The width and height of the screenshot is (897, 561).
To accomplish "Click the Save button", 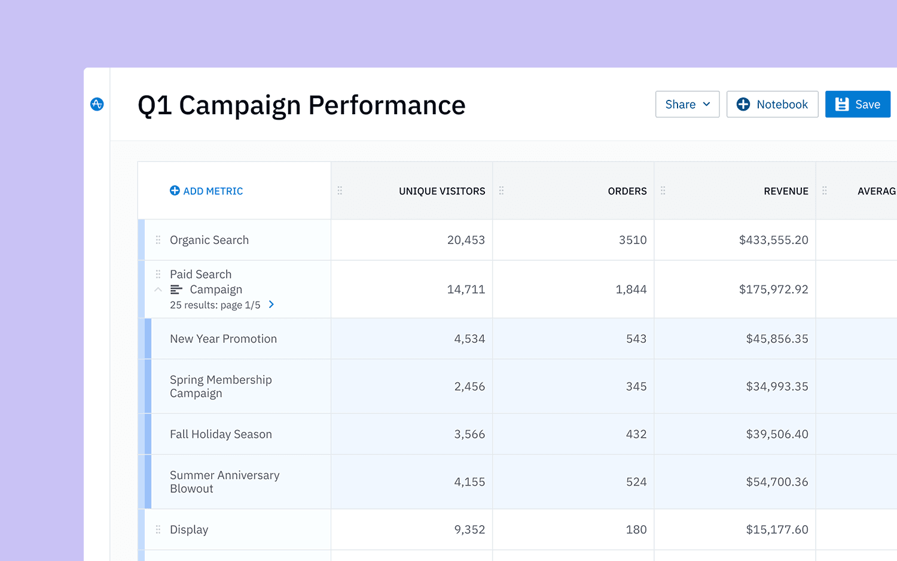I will (x=858, y=104).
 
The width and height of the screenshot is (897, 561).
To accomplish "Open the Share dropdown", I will (x=687, y=104).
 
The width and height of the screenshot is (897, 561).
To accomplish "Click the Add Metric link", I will (x=206, y=191).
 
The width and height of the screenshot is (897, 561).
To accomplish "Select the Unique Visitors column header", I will (x=442, y=191).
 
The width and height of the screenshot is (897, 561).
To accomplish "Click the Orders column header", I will (x=627, y=191).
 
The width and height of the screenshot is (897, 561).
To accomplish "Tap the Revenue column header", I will (x=786, y=191).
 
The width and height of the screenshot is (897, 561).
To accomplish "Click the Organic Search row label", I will (x=209, y=240).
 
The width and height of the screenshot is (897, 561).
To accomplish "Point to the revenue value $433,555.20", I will (x=773, y=240).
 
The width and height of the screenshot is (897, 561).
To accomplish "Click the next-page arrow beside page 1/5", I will (x=271, y=304).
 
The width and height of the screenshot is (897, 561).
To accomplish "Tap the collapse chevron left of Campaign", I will (x=158, y=289).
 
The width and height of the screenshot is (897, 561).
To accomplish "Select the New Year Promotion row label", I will (x=223, y=339).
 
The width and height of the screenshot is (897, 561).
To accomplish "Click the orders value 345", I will (x=636, y=386).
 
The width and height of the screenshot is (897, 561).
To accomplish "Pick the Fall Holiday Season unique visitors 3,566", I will (x=469, y=434).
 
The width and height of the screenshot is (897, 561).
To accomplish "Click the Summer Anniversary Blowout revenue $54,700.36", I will (x=777, y=482).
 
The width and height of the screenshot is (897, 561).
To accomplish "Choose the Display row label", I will (x=189, y=529).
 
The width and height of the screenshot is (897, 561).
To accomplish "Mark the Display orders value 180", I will (x=636, y=529).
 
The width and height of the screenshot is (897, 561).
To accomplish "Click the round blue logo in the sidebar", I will (x=97, y=104).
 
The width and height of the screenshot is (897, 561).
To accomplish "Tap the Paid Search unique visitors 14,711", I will (x=466, y=289).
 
